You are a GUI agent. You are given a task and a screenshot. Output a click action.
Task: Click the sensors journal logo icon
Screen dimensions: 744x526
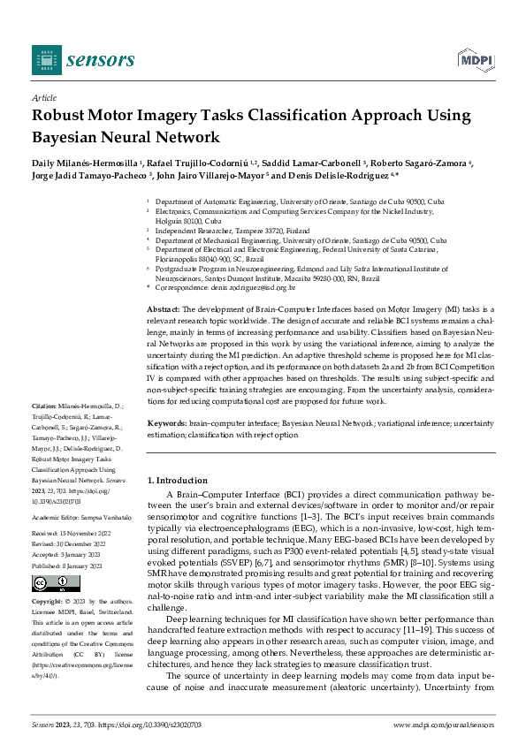[46, 59]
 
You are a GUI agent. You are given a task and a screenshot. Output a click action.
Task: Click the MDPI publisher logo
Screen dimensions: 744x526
[475, 59]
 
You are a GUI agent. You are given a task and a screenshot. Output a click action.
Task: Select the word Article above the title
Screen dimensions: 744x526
[43, 98]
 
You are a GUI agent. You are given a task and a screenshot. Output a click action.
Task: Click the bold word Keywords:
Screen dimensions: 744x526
[165, 424]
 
